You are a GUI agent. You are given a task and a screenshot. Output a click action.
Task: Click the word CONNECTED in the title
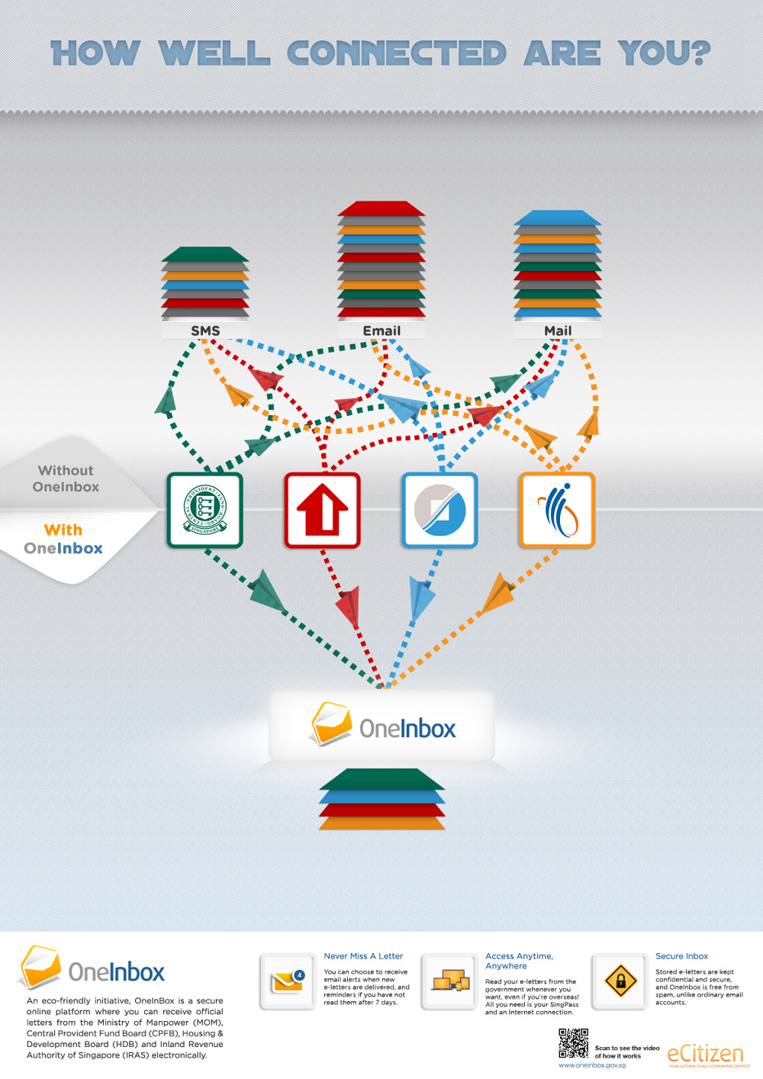click(x=396, y=53)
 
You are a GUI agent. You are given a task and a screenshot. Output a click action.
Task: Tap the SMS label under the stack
click(x=205, y=330)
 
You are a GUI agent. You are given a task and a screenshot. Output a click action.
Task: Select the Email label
click(x=381, y=330)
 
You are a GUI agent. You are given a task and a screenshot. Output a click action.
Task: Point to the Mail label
click(x=558, y=330)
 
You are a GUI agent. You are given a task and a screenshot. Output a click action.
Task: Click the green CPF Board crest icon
click(x=204, y=510)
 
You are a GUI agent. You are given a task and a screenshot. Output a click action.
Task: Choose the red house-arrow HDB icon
click(x=322, y=510)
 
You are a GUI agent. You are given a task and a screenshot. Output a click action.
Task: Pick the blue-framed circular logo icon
click(x=439, y=510)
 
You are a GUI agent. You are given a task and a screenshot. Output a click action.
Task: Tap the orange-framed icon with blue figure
click(x=557, y=510)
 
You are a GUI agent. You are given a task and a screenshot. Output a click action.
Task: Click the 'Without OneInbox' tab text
click(x=66, y=478)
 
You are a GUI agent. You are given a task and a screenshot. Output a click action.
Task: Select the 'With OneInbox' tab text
click(x=63, y=539)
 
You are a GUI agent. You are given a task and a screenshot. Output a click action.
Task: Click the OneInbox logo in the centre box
click(x=383, y=726)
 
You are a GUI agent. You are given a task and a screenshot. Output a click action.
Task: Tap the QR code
click(x=573, y=1043)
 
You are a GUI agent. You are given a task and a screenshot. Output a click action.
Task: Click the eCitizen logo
click(x=705, y=1054)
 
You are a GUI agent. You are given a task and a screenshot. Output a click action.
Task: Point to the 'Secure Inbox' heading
click(x=681, y=956)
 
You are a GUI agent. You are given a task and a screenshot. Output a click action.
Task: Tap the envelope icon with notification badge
click(x=288, y=981)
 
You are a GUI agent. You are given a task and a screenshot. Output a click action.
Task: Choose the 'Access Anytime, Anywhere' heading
click(x=519, y=961)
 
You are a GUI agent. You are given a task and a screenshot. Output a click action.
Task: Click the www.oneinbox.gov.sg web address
click(x=592, y=1065)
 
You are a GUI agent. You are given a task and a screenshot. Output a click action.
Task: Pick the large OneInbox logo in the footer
click(x=92, y=969)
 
